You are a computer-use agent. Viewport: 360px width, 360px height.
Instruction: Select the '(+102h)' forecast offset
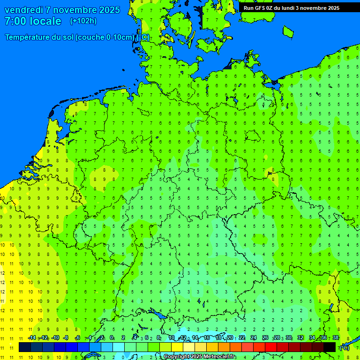click(83, 21)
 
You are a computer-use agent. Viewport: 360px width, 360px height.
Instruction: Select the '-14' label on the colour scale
click(32, 338)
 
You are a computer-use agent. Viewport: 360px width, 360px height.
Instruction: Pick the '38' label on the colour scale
click(335, 338)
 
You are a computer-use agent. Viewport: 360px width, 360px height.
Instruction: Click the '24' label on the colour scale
click(254, 338)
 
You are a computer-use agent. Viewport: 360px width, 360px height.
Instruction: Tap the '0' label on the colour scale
click(112, 338)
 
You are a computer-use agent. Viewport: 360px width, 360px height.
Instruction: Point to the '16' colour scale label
click(207, 338)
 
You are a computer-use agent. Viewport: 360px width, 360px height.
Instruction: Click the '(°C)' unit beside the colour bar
click(345, 348)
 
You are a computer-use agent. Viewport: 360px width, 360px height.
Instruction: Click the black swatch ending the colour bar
click(330, 347)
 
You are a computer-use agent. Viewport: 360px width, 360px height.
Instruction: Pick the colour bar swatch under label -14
click(25, 347)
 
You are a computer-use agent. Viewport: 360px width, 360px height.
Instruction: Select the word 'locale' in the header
click(46, 21)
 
